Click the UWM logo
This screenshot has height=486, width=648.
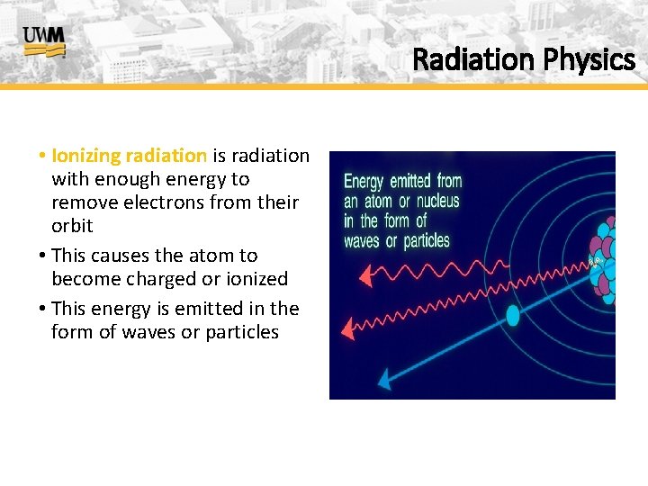point(44,41)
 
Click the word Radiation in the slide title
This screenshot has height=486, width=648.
point(472,60)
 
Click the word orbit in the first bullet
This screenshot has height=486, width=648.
point(72,226)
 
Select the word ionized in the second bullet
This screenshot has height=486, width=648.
point(256,279)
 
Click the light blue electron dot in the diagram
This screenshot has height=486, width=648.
point(513,315)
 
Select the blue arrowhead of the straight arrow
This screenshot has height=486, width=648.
point(384,380)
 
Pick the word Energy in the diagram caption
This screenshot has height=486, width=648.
point(364,182)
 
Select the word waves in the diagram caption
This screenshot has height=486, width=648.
point(361,241)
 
